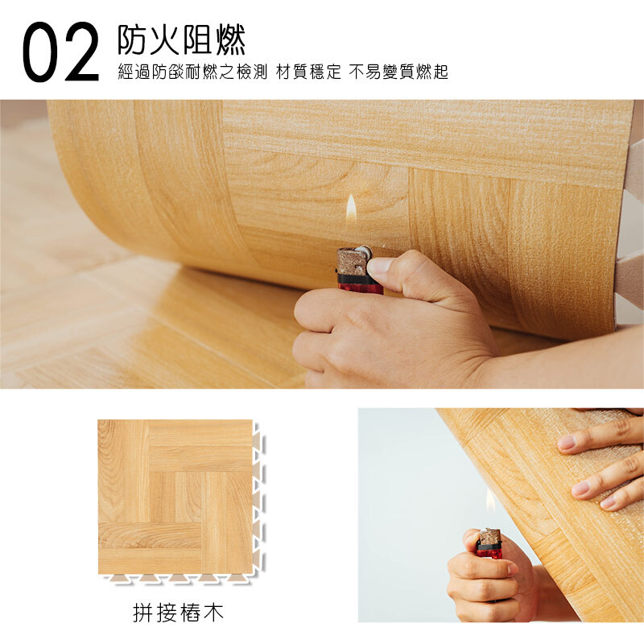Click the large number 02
click(x=61, y=52)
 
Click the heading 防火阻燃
click(x=182, y=39)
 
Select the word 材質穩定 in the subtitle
click(x=308, y=72)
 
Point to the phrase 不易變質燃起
click(x=398, y=72)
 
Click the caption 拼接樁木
click(x=178, y=613)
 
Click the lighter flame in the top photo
click(x=351, y=209)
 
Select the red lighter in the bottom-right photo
click(x=489, y=544)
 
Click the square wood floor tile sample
click(x=175, y=497)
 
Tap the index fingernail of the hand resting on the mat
click(x=567, y=442)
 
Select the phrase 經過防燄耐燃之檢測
click(x=192, y=72)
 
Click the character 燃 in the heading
click(x=231, y=39)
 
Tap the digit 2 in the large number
click(x=81, y=52)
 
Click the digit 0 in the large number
click(x=41, y=52)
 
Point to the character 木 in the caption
click(x=213, y=613)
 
